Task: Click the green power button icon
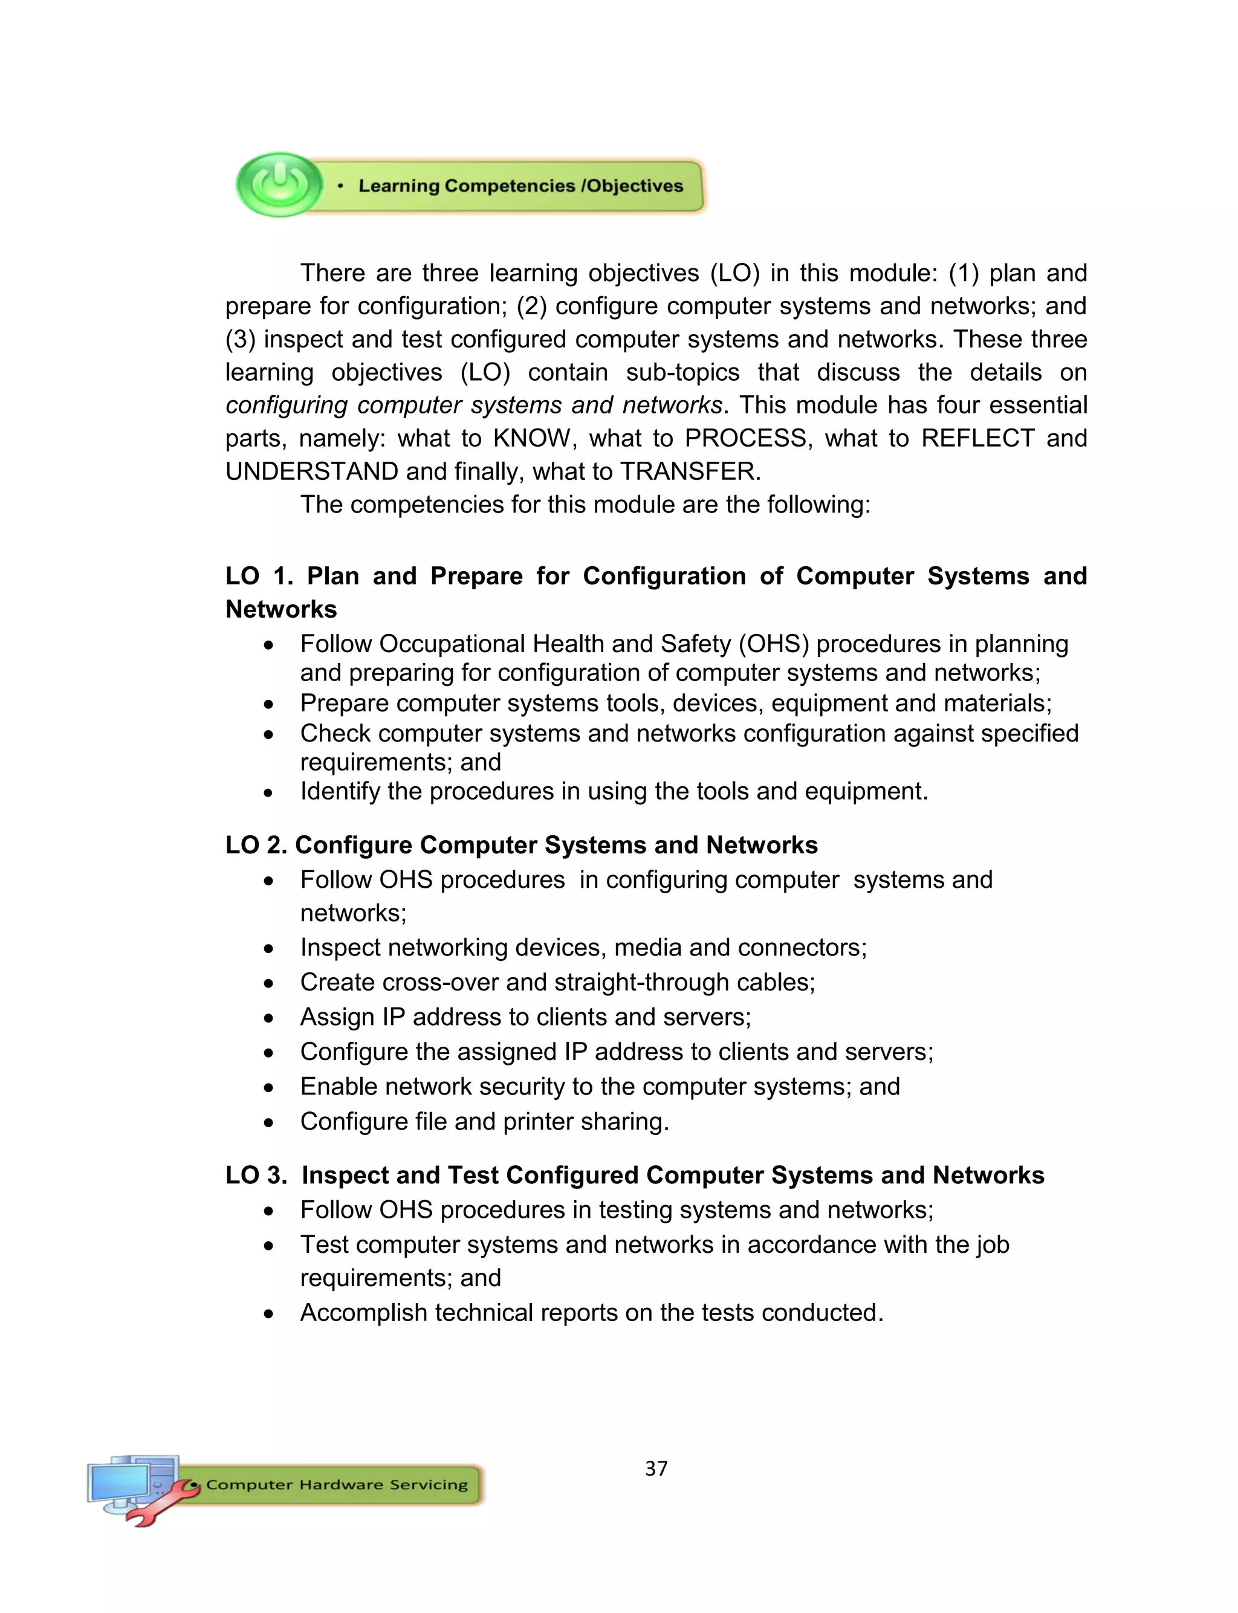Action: [279, 184]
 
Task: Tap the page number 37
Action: [656, 1468]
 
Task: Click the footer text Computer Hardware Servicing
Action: [337, 1484]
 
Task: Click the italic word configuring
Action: [287, 405]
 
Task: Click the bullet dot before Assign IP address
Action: [269, 1018]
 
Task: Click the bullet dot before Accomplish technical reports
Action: [269, 1314]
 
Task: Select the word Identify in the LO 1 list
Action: [340, 791]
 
